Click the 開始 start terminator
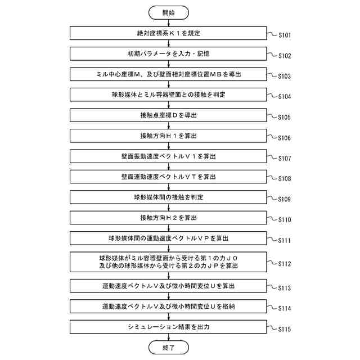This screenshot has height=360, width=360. click(169, 12)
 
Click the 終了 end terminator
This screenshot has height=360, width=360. click(169, 348)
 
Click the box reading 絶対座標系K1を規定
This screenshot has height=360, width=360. click(169, 33)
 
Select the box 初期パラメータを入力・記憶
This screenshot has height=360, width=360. click(169, 54)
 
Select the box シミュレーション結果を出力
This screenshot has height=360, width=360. click(169, 326)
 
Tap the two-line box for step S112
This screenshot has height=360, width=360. click(169, 262)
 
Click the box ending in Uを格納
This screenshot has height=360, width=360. click(169, 306)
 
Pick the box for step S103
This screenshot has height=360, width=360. click(169, 74)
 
